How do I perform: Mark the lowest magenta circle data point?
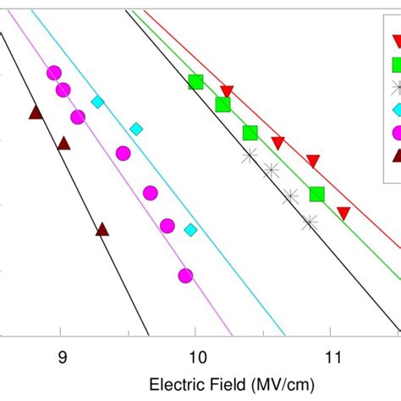tap(185, 275)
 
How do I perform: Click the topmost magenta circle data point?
tap(54, 73)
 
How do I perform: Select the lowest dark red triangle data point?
tap(102, 229)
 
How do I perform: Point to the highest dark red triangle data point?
tap(36, 113)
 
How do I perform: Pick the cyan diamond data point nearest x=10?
tap(191, 229)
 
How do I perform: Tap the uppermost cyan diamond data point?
tap(98, 102)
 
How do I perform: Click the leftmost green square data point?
tap(195, 82)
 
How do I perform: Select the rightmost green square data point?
tap(316, 194)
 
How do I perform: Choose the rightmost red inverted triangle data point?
tap(343, 213)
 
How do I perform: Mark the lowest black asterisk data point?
tap(310, 222)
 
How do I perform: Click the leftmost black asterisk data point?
tap(250, 155)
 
